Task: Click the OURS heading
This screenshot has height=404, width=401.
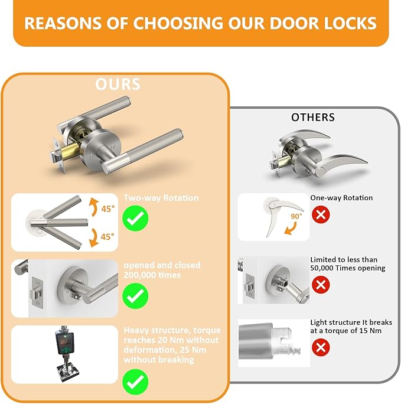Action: (x=118, y=84)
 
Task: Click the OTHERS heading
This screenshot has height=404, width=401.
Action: (x=313, y=118)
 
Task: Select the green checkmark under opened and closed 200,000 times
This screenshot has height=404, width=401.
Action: (x=136, y=295)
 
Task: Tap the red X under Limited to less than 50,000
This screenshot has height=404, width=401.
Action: (x=321, y=285)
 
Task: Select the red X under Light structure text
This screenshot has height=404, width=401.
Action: (x=321, y=347)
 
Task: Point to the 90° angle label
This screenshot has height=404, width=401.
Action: (x=296, y=217)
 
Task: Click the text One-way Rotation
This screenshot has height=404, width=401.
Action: (x=341, y=198)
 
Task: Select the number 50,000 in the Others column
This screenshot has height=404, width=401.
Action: (x=324, y=268)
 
